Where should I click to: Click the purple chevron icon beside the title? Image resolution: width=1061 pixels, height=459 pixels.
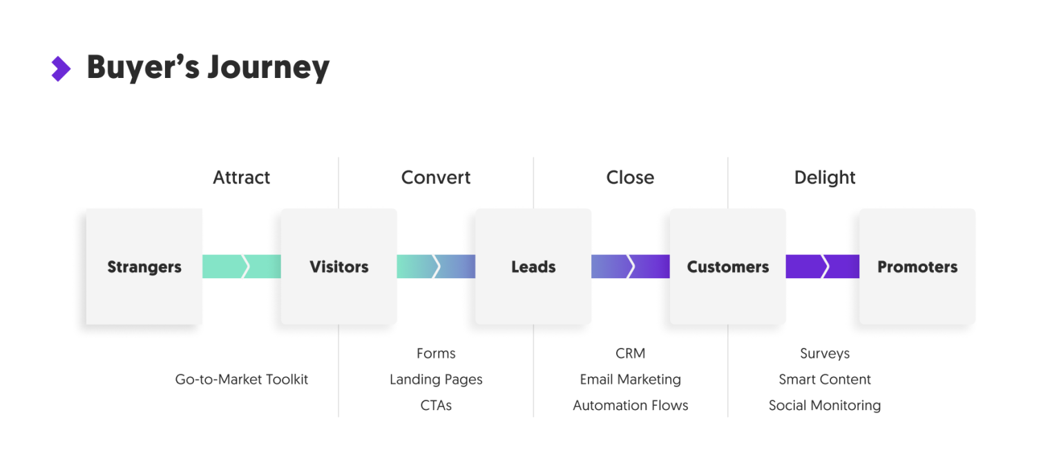(61, 68)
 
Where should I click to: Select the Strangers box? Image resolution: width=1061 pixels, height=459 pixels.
(144, 267)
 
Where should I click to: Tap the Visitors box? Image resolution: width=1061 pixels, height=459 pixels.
(338, 267)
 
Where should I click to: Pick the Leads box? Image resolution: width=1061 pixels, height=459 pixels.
(533, 267)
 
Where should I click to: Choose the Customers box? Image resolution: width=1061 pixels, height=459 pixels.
(727, 267)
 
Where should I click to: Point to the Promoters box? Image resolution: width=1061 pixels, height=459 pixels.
(917, 267)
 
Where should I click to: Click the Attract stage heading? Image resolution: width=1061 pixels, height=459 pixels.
(241, 177)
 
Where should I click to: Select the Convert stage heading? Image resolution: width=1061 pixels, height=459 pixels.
(436, 177)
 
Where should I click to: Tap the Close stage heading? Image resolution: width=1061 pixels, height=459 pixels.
(630, 177)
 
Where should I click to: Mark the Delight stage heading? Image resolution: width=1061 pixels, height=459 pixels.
(825, 177)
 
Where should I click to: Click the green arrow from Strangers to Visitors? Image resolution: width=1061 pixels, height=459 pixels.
(241, 266)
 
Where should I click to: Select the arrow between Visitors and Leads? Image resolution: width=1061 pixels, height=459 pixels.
(436, 266)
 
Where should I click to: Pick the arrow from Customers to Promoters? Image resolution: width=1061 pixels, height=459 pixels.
(822, 266)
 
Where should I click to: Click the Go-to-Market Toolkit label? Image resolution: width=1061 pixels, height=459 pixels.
(241, 379)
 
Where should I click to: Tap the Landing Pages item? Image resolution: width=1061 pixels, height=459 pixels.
(436, 379)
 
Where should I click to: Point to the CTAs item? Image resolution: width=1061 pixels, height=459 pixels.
(436, 405)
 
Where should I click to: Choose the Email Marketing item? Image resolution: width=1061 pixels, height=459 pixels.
(630, 379)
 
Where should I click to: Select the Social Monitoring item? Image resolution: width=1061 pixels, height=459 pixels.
(825, 405)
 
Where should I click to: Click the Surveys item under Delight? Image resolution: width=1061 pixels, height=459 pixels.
(825, 353)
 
